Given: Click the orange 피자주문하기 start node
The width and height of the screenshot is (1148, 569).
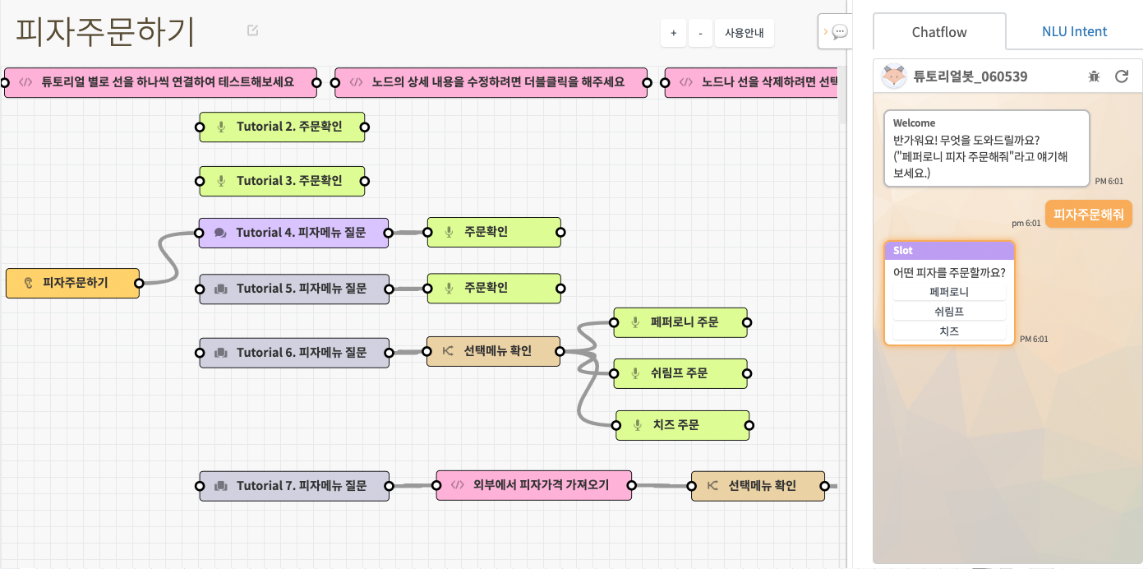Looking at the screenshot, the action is pyautogui.click(x=73, y=283).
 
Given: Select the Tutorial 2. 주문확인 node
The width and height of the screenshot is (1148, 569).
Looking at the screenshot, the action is pyautogui.click(x=283, y=127).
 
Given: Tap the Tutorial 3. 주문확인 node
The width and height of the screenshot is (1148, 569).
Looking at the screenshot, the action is pyautogui.click(x=283, y=181).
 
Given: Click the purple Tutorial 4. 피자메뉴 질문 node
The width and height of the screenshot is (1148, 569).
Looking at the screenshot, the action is pyautogui.click(x=293, y=234).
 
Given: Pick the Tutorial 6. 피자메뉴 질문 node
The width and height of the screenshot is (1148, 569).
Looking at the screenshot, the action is pyautogui.click(x=294, y=353).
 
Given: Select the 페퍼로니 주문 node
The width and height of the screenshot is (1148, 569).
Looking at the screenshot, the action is pyautogui.click(x=680, y=322).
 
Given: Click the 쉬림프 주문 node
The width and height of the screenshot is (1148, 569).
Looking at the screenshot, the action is pyautogui.click(x=680, y=373).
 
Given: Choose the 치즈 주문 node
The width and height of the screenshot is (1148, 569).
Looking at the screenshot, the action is pyautogui.click(x=683, y=425).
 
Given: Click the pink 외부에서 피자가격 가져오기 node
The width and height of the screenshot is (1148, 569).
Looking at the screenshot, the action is pyautogui.click(x=534, y=485).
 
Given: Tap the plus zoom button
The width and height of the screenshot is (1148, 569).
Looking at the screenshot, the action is pyautogui.click(x=673, y=34).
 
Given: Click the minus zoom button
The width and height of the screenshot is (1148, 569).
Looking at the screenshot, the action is pyautogui.click(x=700, y=34).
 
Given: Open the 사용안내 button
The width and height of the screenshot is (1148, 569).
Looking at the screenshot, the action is pyautogui.click(x=745, y=34).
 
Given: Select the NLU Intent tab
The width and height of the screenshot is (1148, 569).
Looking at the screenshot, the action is pyautogui.click(x=1074, y=32).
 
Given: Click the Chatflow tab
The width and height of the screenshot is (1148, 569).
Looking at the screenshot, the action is pyautogui.click(x=939, y=32).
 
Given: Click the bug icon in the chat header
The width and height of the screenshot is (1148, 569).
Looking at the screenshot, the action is pyautogui.click(x=1095, y=77).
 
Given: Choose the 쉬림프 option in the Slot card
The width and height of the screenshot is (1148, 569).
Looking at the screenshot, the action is pyautogui.click(x=949, y=312).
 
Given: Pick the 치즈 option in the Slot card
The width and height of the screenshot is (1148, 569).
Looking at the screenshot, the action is pyautogui.click(x=949, y=331).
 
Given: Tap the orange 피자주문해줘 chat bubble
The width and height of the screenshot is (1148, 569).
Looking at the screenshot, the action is pyautogui.click(x=1089, y=215).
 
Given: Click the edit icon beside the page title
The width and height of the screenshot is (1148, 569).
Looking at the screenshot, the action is pyautogui.click(x=252, y=30).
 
